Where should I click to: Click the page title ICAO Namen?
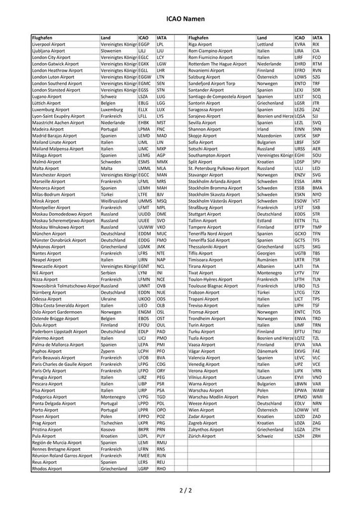179,20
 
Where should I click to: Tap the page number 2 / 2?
179,491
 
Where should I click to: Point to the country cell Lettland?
267,45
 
